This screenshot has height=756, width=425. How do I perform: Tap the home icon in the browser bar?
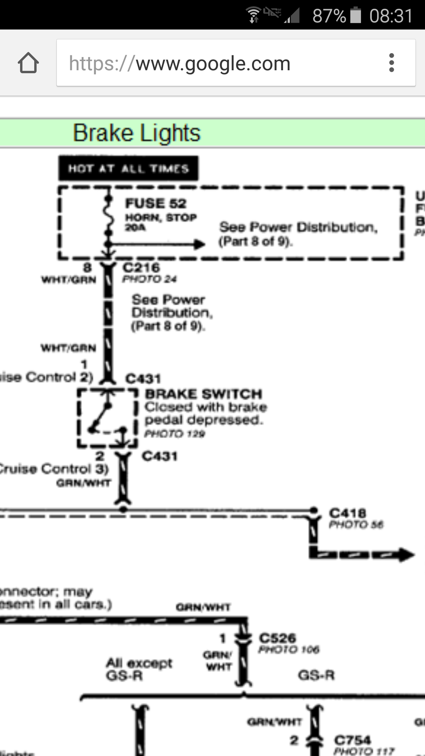[x=28, y=63]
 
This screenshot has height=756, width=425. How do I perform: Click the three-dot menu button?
[x=392, y=63]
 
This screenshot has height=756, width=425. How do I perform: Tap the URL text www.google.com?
[x=213, y=63]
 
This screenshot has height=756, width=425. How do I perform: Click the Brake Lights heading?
[x=137, y=133]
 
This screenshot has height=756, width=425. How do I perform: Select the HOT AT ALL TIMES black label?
[x=128, y=169]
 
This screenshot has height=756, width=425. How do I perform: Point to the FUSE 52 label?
[x=156, y=204]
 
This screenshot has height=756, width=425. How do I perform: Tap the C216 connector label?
[x=141, y=267]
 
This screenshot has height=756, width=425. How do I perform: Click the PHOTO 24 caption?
[x=150, y=279]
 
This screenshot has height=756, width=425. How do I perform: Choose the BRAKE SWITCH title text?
[x=204, y=394]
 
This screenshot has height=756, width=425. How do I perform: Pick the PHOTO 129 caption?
[x=175, y=434]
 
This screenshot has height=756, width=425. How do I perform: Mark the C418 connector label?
[x=348, y=513]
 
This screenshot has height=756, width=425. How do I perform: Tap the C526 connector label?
[x=277, y=638]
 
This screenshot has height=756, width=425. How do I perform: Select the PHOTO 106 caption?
[x=289, y=650]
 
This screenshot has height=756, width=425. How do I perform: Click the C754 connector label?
[x=353, y=740]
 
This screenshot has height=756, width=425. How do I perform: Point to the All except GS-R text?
[x=139, y=669]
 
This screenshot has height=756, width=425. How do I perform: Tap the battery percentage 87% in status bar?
[x=329, y=16]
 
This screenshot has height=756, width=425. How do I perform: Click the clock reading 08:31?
[x=391, y=16]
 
